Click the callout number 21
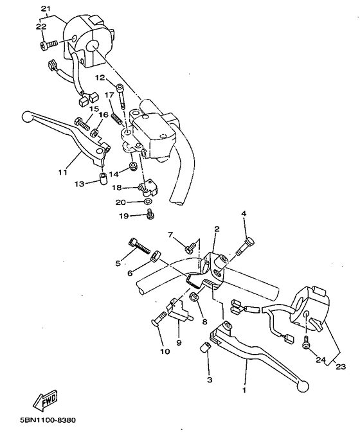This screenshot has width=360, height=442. [x=44, y=8]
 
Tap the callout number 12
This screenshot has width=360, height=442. [x=100, y=77]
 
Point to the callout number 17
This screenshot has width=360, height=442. [x=109, y=95]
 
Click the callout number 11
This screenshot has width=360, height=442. [x=62, y=172]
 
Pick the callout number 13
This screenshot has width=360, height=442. [x=78, y=184]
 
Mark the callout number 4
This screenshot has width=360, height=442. [x=244, y=213]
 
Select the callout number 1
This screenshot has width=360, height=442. [x=244, y=389]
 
